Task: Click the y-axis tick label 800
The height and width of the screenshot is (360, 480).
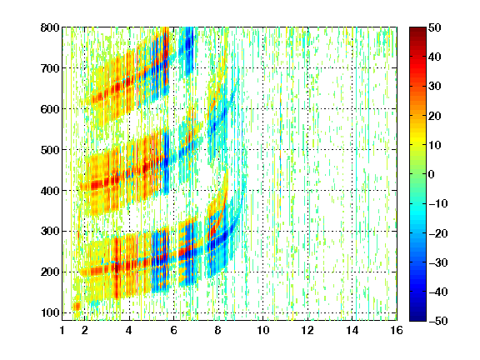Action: (x=50, y=27)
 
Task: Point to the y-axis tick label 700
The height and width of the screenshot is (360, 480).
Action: (x=50, y=68)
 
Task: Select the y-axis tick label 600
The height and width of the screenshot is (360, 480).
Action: (x=50, y=109)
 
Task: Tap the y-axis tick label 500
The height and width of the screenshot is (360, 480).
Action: (x=50, y=150)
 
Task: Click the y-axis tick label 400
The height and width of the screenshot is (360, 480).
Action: (x=50, y=191)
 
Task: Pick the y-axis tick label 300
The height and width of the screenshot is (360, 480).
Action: (x=50, y=232)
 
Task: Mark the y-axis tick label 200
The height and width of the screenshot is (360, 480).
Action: (x=50, y=272)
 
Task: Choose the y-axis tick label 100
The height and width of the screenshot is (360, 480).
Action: (x=50, y=312)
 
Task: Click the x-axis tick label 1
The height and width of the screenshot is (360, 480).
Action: (x=62, y=330)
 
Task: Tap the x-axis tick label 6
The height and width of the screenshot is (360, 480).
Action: (x=174, y=330)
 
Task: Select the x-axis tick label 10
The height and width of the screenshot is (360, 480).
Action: (x=263, y=330)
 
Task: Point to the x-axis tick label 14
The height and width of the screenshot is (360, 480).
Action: (x=352, y=330)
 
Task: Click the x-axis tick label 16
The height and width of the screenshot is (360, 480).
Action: (x=397, y=330)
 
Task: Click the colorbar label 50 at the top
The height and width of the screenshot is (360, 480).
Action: (x=434, y=27)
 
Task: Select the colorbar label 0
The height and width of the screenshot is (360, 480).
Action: (x=432, y=174)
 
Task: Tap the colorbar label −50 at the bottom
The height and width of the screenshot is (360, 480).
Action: (x=437, y=321)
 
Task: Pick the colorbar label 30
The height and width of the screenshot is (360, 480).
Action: (x=434, y=87)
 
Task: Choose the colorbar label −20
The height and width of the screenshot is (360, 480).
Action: (x=437, y=233)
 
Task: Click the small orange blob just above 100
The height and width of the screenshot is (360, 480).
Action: (x=77, y=306)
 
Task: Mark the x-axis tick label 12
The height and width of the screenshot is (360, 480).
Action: (x=307, y=330)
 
